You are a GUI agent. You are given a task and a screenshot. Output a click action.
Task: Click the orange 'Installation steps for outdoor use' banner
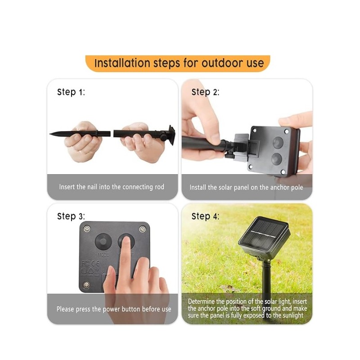click(178, 63)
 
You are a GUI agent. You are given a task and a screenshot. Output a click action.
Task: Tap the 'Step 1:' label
click(71, 92)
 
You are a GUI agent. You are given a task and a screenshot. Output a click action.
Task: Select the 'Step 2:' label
click(205, 92)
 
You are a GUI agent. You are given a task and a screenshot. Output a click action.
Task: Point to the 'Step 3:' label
click(71, 216)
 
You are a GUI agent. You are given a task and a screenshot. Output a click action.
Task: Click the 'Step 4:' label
click(205, 216)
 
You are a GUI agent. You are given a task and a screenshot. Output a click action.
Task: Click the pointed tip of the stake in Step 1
click(50, 133)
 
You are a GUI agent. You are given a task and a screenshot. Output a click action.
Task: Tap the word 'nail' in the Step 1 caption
click(92, 187)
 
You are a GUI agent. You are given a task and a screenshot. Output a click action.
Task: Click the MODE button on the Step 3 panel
click(103, 242)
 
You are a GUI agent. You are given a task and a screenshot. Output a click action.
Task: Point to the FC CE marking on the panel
click(90, 263)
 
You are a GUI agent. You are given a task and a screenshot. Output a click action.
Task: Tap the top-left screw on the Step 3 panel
click(87, 229)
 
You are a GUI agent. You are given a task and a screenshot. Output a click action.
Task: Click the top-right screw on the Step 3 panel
click(142, 229)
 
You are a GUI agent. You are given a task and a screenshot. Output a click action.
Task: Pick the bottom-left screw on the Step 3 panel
click(86, 285)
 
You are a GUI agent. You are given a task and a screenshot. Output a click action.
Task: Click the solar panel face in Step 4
click(264, 234)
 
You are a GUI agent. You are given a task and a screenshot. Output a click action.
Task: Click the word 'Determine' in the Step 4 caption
click(201, 301)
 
